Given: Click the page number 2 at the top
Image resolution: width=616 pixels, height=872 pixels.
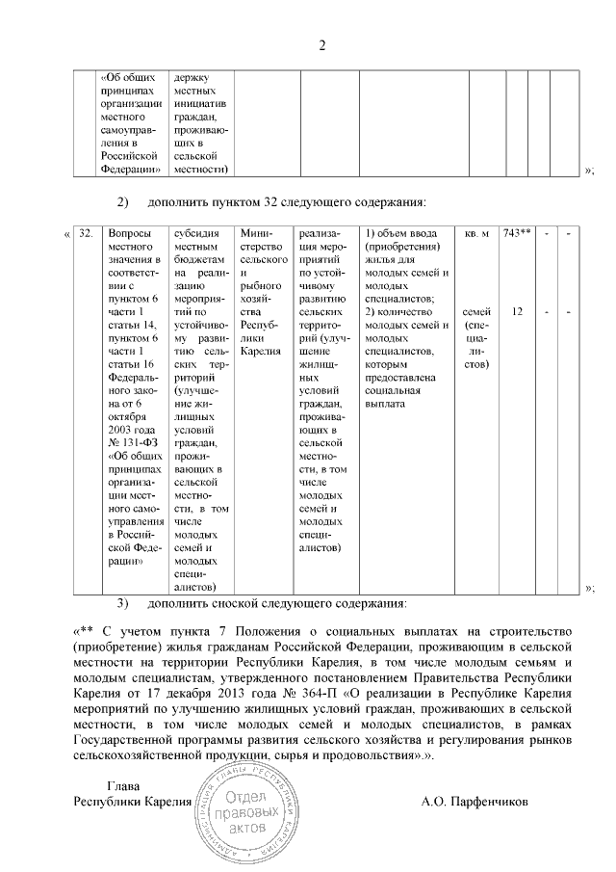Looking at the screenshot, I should (323, 45).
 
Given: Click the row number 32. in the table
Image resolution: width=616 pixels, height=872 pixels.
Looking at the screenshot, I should (87, 234).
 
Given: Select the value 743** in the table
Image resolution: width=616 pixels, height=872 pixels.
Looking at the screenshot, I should (518, 234).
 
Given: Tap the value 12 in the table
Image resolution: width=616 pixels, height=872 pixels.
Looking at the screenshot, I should (518, 312).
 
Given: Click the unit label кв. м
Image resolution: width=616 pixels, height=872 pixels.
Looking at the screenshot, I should (476, 234).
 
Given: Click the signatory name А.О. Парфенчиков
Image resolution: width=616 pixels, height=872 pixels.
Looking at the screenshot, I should (475, 801).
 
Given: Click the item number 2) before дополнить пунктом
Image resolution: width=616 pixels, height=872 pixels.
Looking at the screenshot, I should (122, 202).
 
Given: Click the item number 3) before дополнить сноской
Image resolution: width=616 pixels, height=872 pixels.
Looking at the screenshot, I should (122, 604).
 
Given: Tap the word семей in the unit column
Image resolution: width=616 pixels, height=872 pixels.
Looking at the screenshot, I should (476, 312).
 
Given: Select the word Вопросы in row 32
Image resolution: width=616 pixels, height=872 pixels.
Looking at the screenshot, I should (129, 234).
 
